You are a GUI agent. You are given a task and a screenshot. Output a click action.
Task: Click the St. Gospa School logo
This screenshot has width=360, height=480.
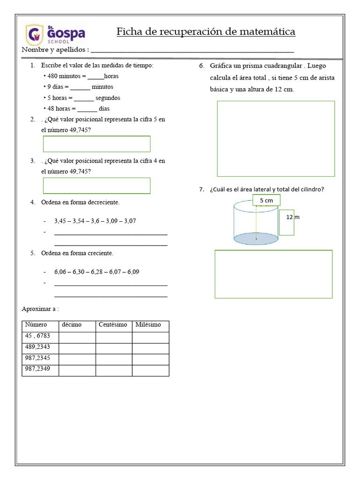[x=55, y=34]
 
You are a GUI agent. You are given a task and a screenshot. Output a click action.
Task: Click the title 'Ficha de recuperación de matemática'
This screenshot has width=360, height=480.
[x=206, y=32]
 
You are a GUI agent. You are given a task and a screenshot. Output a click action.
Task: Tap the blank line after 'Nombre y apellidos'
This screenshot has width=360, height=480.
[x=192, y=50]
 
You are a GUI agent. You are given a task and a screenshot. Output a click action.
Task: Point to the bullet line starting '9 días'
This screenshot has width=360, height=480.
[x=79, y=87]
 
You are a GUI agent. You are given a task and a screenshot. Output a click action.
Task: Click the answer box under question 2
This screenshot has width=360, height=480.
[x=97, y=144]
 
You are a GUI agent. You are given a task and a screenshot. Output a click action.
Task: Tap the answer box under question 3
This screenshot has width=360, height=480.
[x=97, y=186]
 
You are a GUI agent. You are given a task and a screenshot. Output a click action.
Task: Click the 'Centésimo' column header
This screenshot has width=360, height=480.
[x=113, y=325]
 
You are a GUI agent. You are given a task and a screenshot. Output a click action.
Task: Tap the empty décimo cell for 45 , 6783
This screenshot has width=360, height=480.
[x=77, y=337]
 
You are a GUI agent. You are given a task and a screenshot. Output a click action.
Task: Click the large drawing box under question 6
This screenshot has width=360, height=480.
[x=276, y=139]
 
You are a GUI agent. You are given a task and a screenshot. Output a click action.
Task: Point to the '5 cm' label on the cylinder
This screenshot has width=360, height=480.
[x=266, y=201]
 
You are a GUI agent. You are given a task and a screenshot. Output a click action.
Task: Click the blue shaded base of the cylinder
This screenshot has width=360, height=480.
[x=256, y=239]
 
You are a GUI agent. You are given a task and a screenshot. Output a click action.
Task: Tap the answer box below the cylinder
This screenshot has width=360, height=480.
[x=273, y=274]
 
